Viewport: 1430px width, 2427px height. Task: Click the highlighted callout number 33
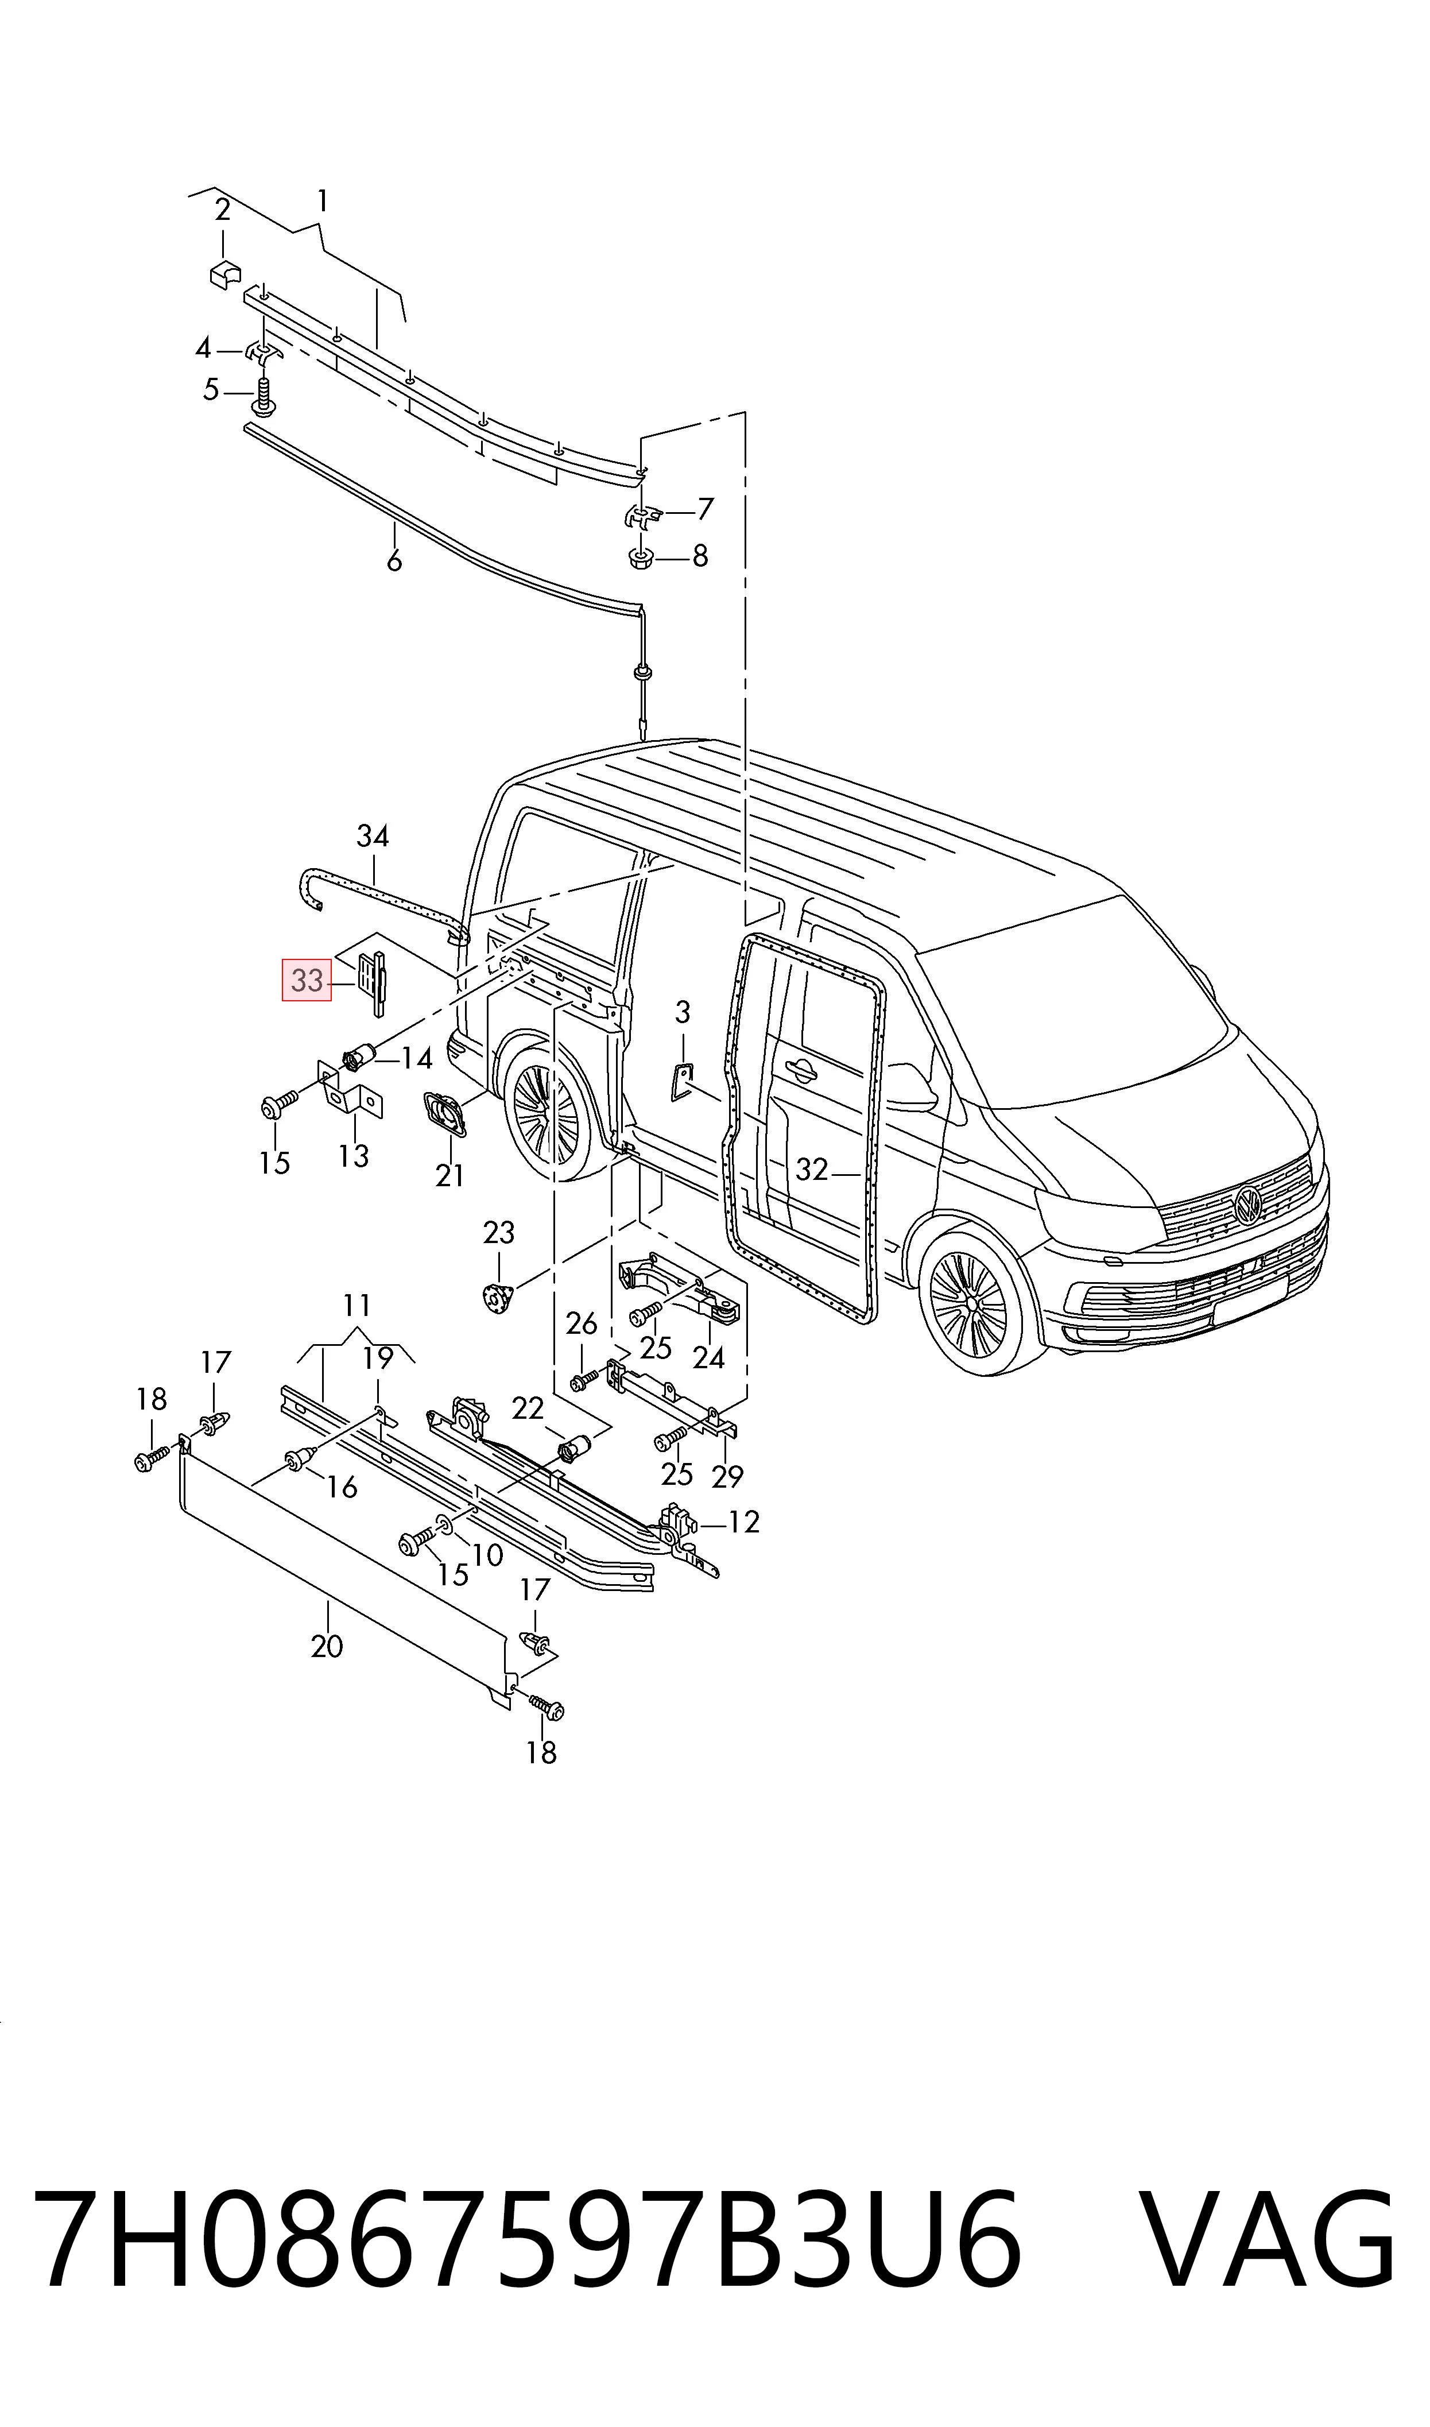(x=307, y=981)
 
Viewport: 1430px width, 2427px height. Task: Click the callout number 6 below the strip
(x=394, y=561)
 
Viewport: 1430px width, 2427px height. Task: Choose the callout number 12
(x=744, y=1522)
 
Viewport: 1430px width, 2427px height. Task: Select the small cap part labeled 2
(x=226, y=274)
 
